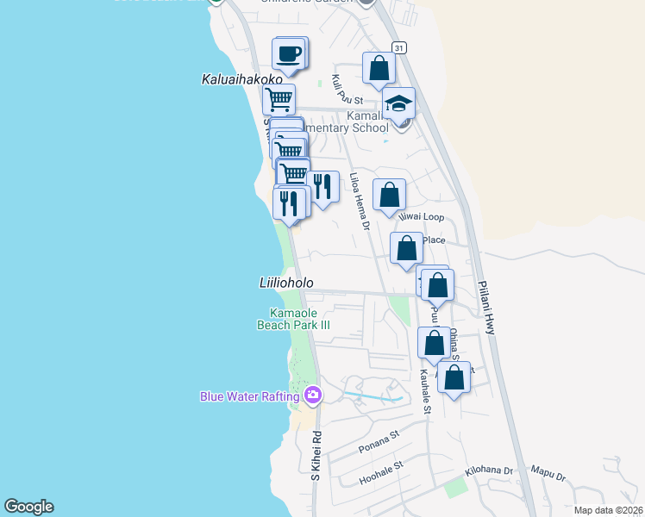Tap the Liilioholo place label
(286, 283)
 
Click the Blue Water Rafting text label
(249, 396)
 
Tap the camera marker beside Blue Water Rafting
(313, 396)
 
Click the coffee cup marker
(290, 54)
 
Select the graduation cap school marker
(398, 104)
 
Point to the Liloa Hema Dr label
(360, 202)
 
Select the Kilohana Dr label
(489, 472)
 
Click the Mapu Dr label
(548, 475)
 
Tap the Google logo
(28, 507)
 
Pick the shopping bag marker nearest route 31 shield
(379, 68)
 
